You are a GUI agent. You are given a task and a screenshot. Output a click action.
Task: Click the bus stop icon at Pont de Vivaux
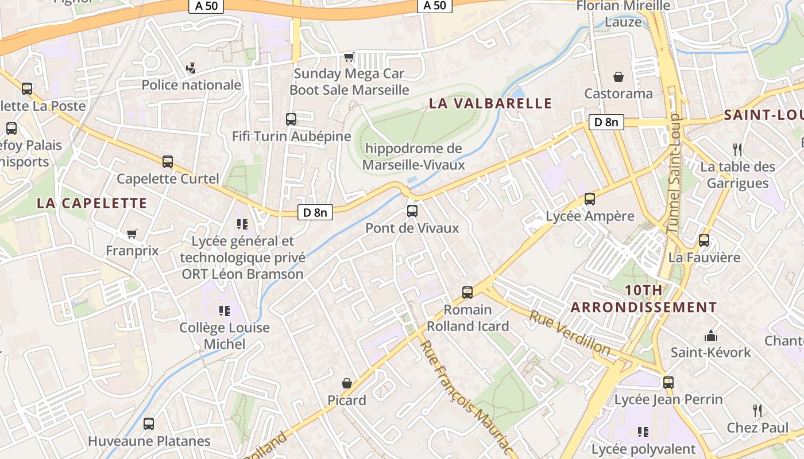[x=412, y=211]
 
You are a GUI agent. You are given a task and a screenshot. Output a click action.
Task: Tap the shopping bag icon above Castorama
[x=619, y=76]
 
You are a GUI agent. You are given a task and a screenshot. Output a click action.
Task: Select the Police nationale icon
[x=191, y=68]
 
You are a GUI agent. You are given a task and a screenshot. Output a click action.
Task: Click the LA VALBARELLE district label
[x=490, y=104]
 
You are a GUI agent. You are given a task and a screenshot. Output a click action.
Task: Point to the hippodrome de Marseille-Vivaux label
[x=413, y=157]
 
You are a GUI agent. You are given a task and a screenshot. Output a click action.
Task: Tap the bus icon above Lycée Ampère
[x=590, y=199]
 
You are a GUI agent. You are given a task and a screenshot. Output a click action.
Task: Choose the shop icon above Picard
[x=347, y=383]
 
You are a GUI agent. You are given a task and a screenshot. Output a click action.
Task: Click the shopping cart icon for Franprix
[x=132, y=234]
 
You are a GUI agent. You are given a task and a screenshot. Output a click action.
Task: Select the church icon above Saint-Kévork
[x=711, y=335]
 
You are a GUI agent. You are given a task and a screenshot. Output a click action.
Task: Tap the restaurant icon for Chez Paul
[x=757, y=410]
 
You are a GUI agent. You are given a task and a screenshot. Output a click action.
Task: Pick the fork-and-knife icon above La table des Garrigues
[x=738, y=150]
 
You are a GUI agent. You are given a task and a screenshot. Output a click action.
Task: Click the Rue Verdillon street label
[x=570, y=332]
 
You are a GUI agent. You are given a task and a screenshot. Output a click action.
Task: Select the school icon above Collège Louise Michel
[x=225, y=311]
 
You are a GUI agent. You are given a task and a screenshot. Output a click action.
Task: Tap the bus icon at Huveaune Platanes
[x=149, y=424]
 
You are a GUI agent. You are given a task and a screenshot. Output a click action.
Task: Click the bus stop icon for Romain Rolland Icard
[x=467, y=293]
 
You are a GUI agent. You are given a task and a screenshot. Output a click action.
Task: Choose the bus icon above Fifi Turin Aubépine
[x=291, y=119]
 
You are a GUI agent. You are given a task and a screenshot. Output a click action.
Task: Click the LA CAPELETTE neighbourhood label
[x=92, y=203]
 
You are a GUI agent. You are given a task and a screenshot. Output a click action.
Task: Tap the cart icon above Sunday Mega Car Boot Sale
[x=349, y=57]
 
